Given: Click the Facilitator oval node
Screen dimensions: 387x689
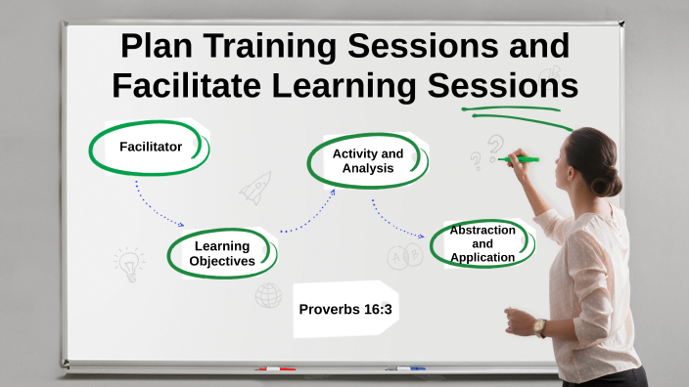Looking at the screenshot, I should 150,147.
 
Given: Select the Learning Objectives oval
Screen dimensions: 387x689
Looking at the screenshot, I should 222,253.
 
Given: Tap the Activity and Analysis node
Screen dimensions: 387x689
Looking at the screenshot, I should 367,160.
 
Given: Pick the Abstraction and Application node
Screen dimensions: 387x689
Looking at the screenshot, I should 482,243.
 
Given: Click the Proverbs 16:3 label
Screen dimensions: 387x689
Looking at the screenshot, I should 345,309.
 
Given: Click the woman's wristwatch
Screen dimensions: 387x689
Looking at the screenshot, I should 539,326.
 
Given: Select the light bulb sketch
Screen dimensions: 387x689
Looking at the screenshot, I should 128,262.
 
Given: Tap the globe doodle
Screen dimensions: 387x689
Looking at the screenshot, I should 268,295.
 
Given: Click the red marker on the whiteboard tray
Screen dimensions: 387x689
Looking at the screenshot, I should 275,369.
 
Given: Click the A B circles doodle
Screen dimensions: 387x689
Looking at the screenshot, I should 404,257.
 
